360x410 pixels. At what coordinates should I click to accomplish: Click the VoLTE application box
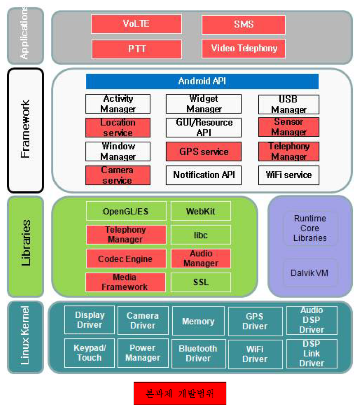[136, 24]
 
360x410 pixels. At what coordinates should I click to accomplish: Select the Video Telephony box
[243, 48]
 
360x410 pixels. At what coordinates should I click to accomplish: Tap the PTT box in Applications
[137, 49]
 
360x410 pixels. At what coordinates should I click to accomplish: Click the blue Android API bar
[202, 81]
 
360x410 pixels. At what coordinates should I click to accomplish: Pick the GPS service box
[203, 152]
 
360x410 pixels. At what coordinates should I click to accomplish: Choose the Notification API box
[203, 175]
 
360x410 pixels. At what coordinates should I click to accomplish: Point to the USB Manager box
[288, 104]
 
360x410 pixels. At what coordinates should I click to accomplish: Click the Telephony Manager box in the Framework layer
[288, 152]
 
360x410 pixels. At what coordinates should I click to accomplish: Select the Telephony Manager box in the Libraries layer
[125, 234]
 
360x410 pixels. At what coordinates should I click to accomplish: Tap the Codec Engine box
[125, 259]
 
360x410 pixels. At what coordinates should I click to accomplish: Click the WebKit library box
[201, 211]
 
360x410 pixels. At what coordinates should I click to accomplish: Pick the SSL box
[201, 282]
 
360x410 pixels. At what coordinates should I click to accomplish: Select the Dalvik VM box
[310, 273]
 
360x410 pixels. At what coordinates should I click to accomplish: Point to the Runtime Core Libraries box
[310, 228]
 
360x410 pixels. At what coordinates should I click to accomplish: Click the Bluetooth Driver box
[198, 354]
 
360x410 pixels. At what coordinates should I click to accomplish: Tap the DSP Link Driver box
[311, 354]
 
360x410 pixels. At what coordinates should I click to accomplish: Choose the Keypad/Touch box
[89, 353]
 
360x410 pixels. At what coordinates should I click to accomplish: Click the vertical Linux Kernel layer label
[25, 337]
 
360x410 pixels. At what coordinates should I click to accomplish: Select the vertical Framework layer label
[25, 131]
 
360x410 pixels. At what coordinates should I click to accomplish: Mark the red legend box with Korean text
[180, 393]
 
